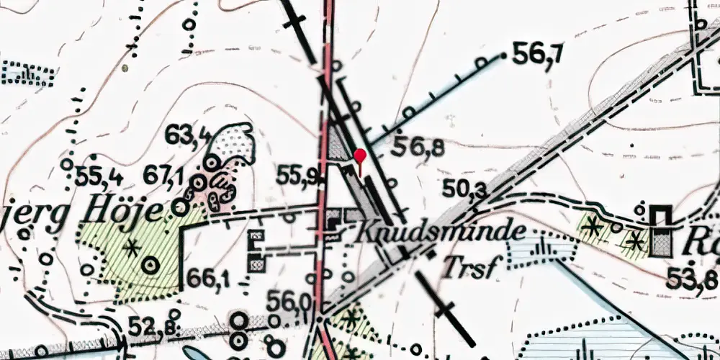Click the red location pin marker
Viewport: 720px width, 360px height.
pos(360,156)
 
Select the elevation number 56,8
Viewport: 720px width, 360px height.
pos(418,148)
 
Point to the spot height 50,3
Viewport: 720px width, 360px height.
pos(464,189)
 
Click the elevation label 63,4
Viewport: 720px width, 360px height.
pos(188,134)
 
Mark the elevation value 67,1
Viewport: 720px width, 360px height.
pos(166,175)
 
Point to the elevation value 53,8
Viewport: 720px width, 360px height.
pos(691,279)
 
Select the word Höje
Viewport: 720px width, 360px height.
pos(141,210)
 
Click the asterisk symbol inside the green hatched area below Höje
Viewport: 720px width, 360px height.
pos(131,249)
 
